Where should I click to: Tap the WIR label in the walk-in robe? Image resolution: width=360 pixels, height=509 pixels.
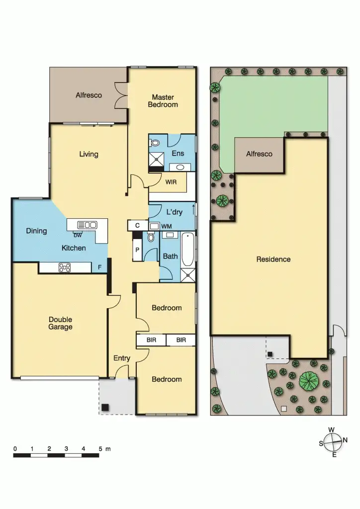171,182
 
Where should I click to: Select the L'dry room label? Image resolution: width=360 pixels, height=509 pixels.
174,212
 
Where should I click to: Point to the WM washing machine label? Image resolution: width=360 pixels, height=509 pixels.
167,227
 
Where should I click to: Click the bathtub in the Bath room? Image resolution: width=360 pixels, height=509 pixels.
188,250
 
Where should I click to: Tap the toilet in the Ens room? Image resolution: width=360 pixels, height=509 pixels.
155,143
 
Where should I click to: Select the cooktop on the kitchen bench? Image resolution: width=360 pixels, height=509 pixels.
65,267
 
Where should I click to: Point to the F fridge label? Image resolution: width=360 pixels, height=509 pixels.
99,267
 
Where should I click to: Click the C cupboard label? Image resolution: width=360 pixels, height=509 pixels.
137,226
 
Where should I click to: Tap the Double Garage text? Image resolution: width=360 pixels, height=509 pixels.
60,323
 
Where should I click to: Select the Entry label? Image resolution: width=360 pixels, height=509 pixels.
122,358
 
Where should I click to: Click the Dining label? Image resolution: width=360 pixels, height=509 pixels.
36,231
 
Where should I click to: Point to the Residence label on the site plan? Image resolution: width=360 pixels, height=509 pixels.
273,259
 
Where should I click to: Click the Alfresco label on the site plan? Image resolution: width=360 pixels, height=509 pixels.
259,154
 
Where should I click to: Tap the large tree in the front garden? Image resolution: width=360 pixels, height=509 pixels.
309,381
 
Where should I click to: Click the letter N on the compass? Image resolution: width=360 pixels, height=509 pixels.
345,440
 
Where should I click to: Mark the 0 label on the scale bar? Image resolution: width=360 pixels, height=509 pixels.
15,448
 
